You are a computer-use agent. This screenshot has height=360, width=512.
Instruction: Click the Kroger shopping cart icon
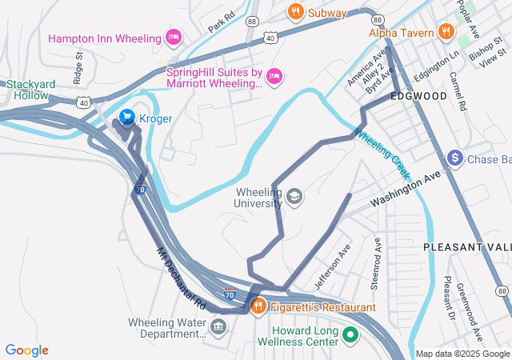126,118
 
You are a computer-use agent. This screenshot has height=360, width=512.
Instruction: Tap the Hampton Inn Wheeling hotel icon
173,38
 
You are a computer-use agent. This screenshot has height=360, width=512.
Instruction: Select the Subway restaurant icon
295,12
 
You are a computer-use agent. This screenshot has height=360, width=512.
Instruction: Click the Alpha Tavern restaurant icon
445,33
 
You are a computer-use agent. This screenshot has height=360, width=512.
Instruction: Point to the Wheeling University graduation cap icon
294,197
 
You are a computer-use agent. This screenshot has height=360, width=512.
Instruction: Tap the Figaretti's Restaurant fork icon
258,306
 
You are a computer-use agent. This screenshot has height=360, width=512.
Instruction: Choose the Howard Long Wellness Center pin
350,335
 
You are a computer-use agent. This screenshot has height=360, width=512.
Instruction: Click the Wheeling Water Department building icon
218,326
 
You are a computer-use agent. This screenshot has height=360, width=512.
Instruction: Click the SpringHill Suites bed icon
274,76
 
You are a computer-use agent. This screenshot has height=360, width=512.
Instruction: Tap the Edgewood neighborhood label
418,96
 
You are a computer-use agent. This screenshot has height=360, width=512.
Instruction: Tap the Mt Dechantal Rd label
182,278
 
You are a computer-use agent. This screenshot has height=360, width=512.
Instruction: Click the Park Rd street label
221,22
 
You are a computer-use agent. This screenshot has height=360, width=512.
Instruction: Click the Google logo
26,350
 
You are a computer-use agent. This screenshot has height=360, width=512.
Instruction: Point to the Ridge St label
78,69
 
